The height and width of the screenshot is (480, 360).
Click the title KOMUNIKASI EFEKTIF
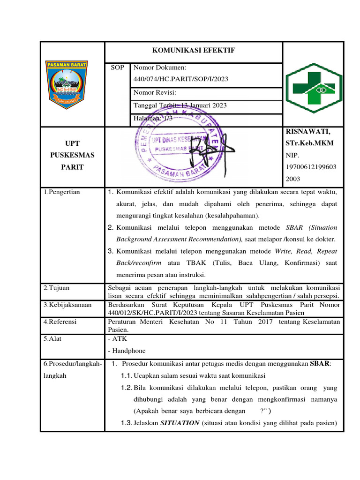[x=193, y=50]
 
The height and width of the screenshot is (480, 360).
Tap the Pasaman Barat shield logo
[x=72, y=84]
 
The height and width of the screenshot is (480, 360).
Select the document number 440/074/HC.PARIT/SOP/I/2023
[x=181, y=79]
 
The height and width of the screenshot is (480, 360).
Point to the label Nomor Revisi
[x=155, y=92]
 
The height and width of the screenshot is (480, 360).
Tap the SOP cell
[x=117, y=67]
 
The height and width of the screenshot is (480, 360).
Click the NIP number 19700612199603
[x=310, y=167]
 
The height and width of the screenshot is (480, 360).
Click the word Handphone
[x=128, y=351]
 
